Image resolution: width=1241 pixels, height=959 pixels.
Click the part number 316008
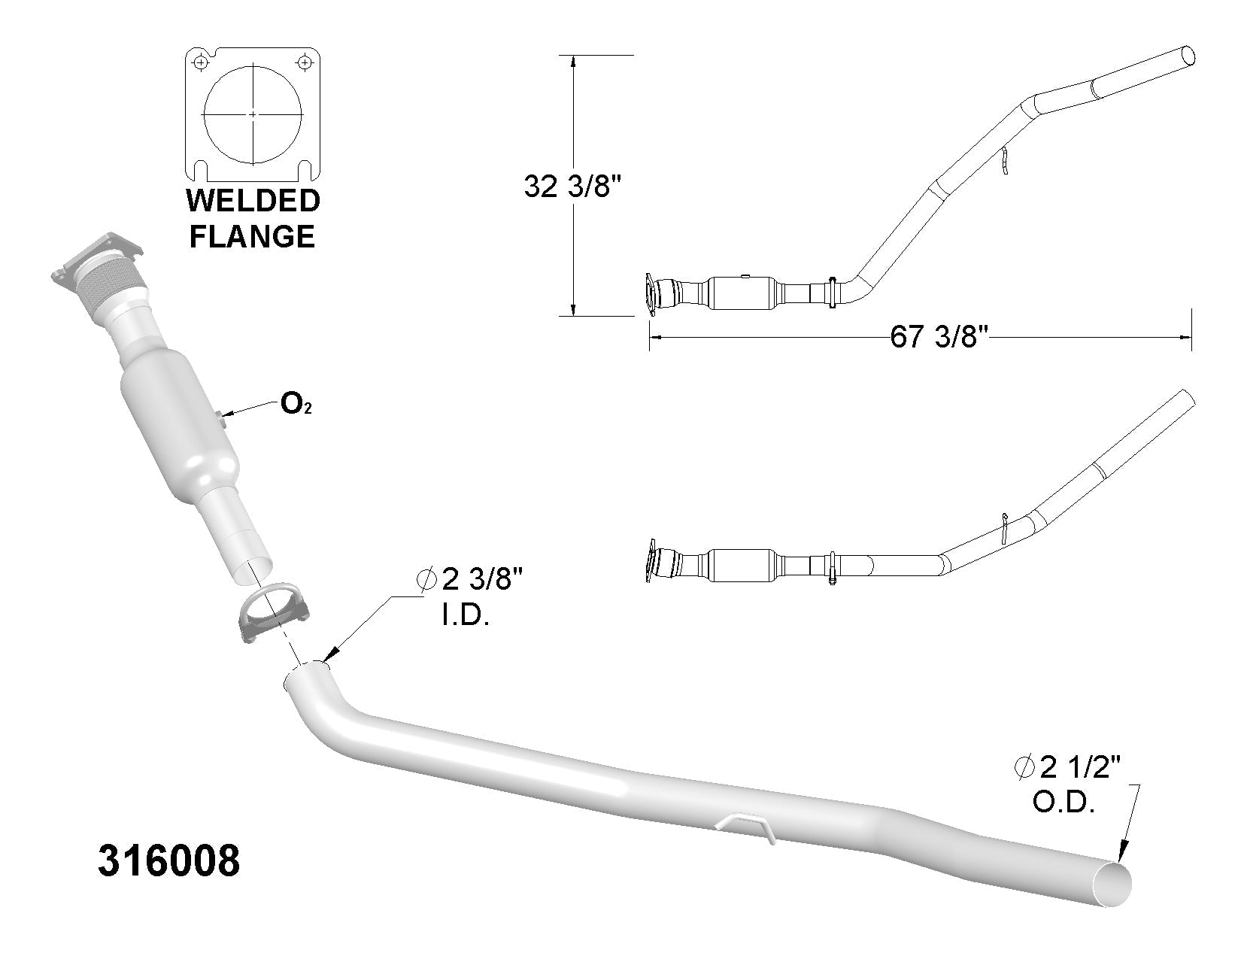pyautogui.click(x=169, y=860)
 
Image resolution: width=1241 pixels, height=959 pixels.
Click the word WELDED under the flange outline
pyautogui.click(x=253, y=201)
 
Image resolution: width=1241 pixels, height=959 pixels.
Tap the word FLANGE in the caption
pyautogui.click(x=252, y=237)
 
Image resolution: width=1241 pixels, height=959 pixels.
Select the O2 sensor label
pyautogui.click(x=296, y=405)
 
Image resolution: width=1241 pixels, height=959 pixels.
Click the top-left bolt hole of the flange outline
pyautogui.click(x=199, y=62)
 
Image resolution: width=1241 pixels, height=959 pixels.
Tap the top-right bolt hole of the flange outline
pyautogui.click(x=305, y=62)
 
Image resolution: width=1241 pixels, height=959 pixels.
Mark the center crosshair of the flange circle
pyautogui.click(x=253, y=114)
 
